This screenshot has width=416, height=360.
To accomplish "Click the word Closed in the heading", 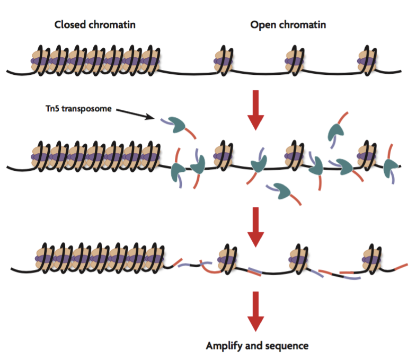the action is [x=70, y=25].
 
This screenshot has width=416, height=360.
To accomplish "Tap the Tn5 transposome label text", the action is [x=78, y=109].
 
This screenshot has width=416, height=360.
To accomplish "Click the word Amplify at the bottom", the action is [x=224, y=346].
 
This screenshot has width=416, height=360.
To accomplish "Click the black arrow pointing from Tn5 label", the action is [x=135, y=114].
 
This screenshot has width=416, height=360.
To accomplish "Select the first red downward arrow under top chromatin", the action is [x=255, y=110].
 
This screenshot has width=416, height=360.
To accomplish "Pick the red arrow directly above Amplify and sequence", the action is [x=255, y=311].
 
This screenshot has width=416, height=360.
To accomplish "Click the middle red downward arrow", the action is [x=255, y=227].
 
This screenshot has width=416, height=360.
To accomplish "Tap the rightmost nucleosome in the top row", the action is [x=367, y=61].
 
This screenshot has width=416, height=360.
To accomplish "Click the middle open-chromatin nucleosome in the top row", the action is [x=295, y=61].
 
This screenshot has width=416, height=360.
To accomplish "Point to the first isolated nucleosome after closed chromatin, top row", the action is [x=224, y=61].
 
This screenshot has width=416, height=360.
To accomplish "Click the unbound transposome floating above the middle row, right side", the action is [x=335, y=132].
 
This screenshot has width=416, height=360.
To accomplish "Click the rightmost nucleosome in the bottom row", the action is [x=371, y=259].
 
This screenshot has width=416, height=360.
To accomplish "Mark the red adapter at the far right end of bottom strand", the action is [x=401, y=267].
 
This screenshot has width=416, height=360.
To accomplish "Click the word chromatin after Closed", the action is [x=112, y=25].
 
